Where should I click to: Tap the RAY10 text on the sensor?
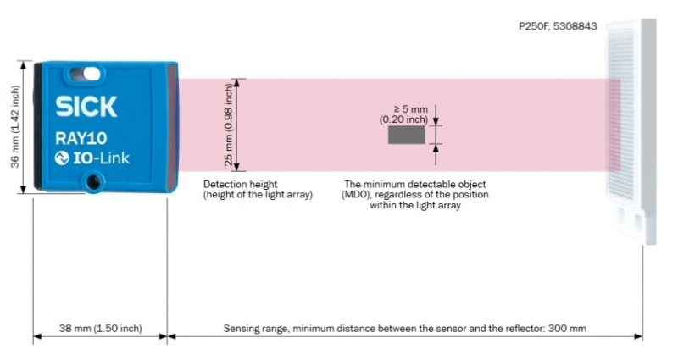coord(82,137)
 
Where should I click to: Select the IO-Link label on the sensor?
coord(92,158)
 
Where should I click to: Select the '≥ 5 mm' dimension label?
coord(411,108)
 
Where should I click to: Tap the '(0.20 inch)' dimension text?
coord(403,120)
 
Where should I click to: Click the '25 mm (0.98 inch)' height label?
coord(228,125)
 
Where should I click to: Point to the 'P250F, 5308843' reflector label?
coord(558,26)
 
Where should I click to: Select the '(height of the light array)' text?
coord(258,195)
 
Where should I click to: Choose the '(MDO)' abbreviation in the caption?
coord(359,195)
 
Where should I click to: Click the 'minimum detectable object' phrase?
coord(436,184)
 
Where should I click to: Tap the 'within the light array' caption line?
coord(415,206)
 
